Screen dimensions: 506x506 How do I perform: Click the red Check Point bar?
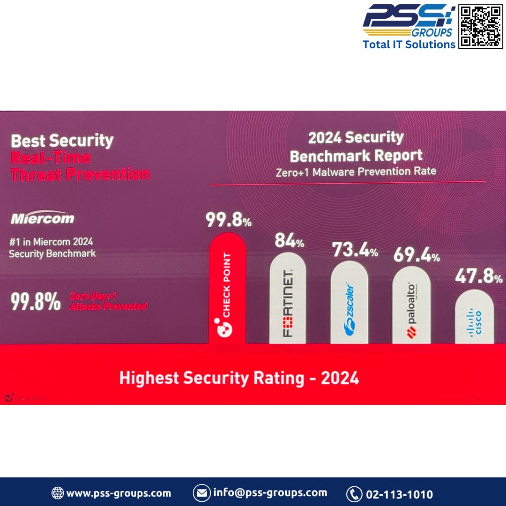pos(228,288)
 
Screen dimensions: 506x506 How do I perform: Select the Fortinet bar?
pos(288,298)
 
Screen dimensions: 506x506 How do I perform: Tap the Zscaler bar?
pos(349,302)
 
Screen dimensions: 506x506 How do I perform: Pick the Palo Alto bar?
pos(411,305)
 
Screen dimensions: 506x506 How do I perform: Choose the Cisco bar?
pos(474,317)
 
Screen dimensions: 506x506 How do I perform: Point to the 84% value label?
pos(289,241)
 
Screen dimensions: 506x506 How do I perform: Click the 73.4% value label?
pos(355,250)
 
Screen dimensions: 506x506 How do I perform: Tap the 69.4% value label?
pos(417,255)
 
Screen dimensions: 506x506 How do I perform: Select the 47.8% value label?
pos(478,276)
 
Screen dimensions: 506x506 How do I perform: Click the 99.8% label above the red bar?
pos(229,220)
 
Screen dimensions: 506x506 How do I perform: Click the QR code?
pos(481,26)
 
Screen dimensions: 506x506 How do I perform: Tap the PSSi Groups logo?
pos(409,21)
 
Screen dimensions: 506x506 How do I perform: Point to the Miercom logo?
pos(43,218)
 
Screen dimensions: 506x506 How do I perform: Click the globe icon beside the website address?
pos(58,493)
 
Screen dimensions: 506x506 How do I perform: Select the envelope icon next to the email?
pos(201,493)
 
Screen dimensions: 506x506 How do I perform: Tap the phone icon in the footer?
pos(354,494)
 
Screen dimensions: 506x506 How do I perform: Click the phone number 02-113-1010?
pos(399,494)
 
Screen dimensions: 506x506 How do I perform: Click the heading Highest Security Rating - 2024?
pos(239,378)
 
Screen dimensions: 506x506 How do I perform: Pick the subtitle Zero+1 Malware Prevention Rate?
pos(356,171)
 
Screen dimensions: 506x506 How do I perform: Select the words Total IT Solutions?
pos(409,44)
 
